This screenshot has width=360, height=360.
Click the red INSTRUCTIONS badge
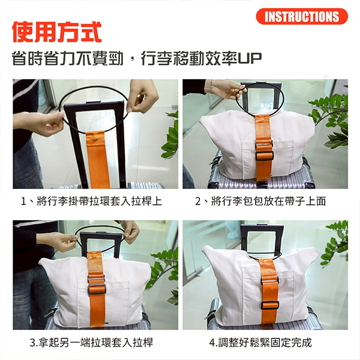pyautogui.click(x=302, y=16)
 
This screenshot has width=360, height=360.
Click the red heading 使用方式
pyautogui.click(x=57, y=32)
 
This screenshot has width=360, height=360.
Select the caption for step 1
pyautogui.click(x=91, y=202)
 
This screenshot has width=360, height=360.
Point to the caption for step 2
pyautogui.click(x=260, y=202)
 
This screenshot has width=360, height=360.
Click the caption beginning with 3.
pyautogui.click(x=91, y=343)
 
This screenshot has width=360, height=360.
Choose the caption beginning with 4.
pyautogui.click(x=260, y=343)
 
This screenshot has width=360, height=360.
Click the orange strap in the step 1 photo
pyautogui.click(x=98, y=160)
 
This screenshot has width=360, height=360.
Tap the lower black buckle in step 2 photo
pyautogui.click(x=264, y=156)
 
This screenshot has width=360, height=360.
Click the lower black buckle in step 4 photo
pyautogui.click(x=270, y=305)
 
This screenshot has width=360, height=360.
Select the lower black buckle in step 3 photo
pyautogui.click(x=97, y=289)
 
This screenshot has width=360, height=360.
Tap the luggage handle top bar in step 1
pyautogui.click(x=94, y=104)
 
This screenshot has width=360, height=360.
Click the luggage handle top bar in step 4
pyautogui.click(x=261, y=228)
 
